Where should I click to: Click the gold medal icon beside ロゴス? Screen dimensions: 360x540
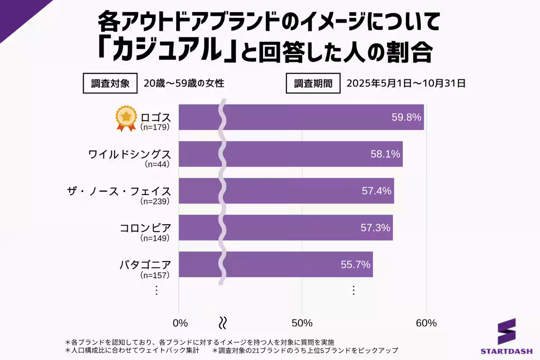click(126, 118)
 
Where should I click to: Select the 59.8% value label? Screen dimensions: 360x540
click(406, 117)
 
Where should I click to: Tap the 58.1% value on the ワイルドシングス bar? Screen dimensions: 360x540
click(385, 154)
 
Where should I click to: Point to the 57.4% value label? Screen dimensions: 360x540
click(377, 191)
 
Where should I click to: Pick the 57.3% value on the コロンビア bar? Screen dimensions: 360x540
click(375, 228)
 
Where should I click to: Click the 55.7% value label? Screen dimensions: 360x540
click(355, 265)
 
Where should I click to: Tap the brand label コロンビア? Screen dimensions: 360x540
click(145, 228)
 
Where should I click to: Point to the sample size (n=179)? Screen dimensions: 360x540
click(154, 127)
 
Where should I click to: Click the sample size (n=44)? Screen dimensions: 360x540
click(157, 164)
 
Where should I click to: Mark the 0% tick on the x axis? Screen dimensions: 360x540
click(180, 323)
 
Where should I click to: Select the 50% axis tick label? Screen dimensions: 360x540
click(302, 323)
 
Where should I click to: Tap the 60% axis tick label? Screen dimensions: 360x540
click(426, 323)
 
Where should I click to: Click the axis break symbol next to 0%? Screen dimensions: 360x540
click(222, 323)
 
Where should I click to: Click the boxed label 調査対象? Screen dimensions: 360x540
click(110, 84)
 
